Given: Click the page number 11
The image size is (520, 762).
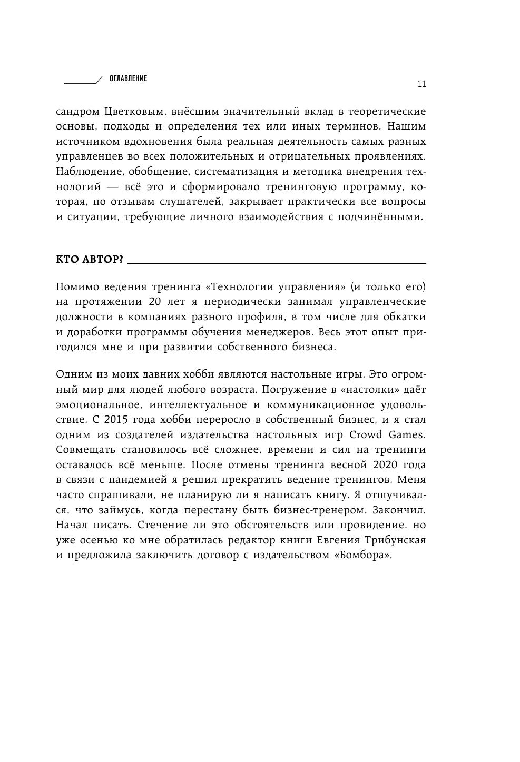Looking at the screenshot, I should point(421,84).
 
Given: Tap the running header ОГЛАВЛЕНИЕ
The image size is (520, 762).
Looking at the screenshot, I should point(128,78).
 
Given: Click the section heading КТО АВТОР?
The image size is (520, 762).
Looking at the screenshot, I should point(89,260).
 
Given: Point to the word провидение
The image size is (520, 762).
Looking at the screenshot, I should point(371,526).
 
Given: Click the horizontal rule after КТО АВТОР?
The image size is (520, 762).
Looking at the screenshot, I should point(277,263).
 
